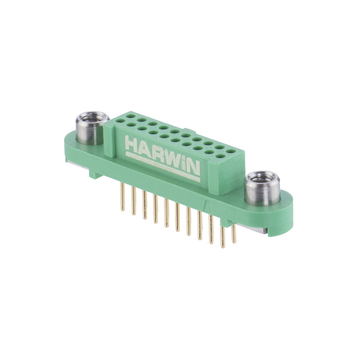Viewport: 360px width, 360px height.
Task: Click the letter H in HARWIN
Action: [132, 143]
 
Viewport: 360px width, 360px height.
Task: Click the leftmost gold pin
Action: [123, 200]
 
